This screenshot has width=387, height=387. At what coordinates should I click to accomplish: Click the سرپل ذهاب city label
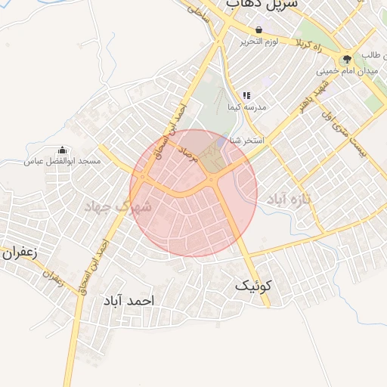click(x=261, y=5)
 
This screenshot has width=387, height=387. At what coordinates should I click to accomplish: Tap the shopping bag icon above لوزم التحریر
click(x=259, y=30)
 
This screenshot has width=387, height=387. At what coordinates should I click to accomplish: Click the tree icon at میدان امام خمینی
click(x=347, y=59)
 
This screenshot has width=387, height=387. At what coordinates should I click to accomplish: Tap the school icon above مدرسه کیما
click(x=246, y=96)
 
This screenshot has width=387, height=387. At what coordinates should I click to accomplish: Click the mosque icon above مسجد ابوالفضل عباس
click(x=61, y=150)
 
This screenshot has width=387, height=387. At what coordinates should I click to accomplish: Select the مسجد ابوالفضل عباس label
click(x=61, y=161)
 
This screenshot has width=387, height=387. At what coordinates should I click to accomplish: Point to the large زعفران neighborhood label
click(x=18, y=253)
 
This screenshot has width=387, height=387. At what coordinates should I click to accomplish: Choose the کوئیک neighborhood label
click(x=252, y=286)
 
